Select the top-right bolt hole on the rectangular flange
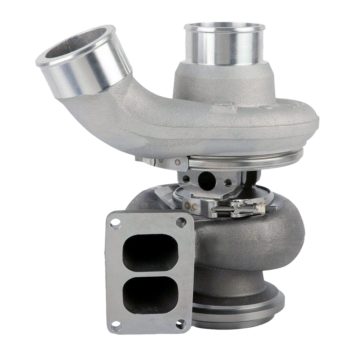181,221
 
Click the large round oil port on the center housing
207,180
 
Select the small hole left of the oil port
186,179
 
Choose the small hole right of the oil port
228,182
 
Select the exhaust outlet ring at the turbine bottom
239,309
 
